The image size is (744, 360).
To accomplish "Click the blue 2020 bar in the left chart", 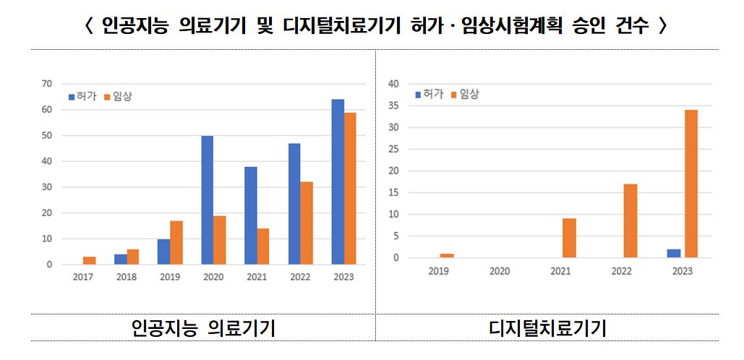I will [207, 200].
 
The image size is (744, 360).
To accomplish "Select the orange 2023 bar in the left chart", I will [350, 189].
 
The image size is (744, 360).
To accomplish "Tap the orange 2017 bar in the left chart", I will [89, 261].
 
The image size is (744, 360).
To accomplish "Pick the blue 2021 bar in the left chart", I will [251, 215].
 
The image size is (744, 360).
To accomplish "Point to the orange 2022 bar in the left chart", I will [307, 223].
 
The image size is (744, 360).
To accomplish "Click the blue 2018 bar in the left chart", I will [120, 260].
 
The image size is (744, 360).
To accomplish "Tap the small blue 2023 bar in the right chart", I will [674, 254].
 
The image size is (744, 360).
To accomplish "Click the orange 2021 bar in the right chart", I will [569, 239].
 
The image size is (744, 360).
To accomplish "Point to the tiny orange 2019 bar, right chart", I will [447, 256].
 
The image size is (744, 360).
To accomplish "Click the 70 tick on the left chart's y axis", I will [47, 84].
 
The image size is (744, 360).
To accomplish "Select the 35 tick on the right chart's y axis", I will [395, 106].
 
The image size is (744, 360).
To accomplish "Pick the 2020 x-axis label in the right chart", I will [500, 272].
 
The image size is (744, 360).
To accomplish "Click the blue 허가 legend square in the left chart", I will [72, 96].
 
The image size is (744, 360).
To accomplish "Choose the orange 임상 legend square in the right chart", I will [455, 95].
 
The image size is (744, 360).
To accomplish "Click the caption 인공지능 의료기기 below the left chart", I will [203, 329].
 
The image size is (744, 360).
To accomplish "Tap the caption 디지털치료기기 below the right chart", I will [547, 329].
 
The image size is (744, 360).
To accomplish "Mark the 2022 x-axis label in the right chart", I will [622, 272].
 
